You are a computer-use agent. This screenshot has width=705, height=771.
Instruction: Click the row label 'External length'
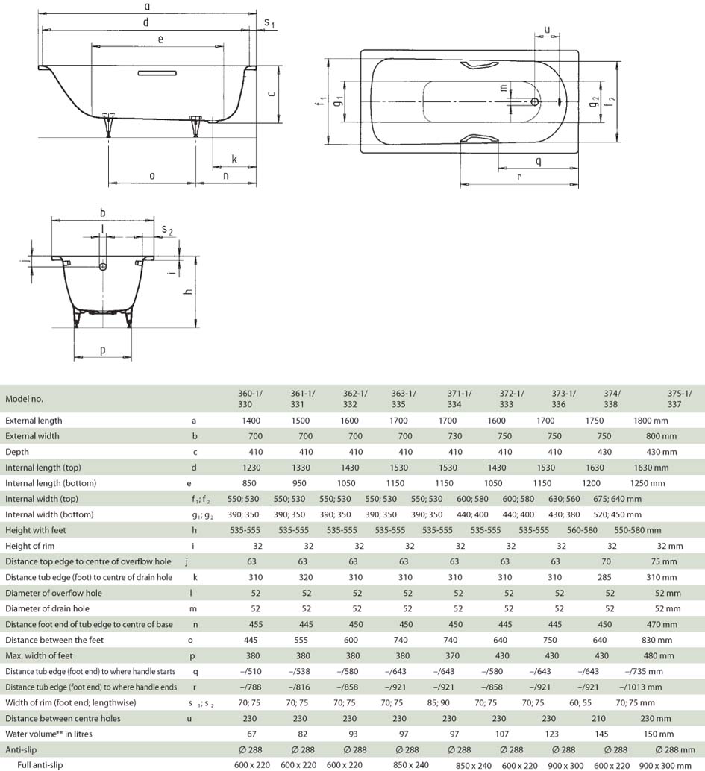coord(34,421)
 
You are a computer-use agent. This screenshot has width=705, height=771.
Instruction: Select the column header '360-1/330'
coord(250,399)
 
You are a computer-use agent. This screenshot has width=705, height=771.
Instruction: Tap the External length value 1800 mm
coord(650,421)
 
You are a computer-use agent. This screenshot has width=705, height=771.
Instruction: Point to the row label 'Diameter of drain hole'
coord(47,608)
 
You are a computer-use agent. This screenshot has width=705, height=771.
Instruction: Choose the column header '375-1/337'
coord(679,399)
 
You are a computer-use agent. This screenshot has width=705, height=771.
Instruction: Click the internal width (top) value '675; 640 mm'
coord(617,499)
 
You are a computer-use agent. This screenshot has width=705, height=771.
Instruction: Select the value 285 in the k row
coord(604,577)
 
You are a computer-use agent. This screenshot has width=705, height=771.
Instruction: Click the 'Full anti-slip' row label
coord(40,764)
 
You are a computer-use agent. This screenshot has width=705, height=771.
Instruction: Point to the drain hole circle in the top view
coord(535,102)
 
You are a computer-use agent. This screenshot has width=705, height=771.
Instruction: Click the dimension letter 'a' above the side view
coord(147,7)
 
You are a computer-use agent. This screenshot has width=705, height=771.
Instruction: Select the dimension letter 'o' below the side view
coord(151,175)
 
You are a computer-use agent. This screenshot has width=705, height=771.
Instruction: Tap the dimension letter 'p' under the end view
coord(102,350)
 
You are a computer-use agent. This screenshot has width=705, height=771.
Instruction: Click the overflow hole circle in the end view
coord(103,267)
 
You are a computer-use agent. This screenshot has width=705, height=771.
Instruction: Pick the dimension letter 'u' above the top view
coord(547,30)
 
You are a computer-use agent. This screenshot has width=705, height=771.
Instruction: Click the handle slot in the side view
coord(157,73)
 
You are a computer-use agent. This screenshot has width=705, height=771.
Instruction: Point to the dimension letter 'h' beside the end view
coord(187,292)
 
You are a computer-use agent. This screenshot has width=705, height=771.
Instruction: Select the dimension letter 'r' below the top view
coord(518,177)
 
